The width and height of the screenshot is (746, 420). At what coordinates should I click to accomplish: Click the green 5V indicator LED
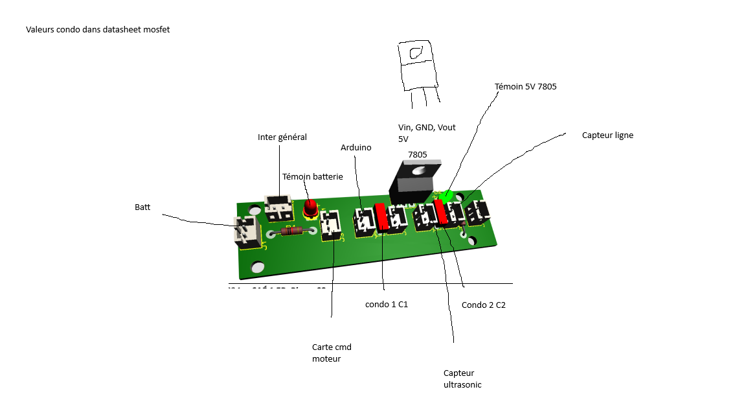click(x=445, y=195)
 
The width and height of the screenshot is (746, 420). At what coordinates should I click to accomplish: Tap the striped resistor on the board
click(x=291, y=231)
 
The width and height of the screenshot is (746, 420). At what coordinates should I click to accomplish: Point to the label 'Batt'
click(x=142, y=207)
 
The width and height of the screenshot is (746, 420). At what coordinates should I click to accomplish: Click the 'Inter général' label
click(x=282, y=137)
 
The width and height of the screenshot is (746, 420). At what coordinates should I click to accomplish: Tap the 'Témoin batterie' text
click(x=312, y=176)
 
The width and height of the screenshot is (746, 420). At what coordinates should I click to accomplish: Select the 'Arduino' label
click(x=356, y=148)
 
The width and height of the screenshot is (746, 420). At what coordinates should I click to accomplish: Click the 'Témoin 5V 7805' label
click(x=525, y=86)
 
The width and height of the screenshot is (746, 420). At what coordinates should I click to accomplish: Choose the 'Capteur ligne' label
click(x=607, y=135)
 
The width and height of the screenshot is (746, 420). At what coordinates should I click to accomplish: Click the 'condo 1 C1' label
click(x=387, y=304)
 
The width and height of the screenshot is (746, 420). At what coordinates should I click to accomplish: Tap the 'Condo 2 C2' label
click(x=483, y=305)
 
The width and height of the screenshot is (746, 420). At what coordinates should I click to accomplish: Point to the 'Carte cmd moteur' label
click(x=332, y=353)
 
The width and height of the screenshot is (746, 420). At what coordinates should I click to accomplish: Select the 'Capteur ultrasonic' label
click(x=462, y=379)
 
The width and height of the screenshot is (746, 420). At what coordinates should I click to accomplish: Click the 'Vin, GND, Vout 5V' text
click(x=427, y=133)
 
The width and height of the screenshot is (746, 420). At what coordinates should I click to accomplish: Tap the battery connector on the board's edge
click(x=246, y=231)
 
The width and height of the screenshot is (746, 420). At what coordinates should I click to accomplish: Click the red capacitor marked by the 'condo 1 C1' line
click(x=382, y=216)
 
